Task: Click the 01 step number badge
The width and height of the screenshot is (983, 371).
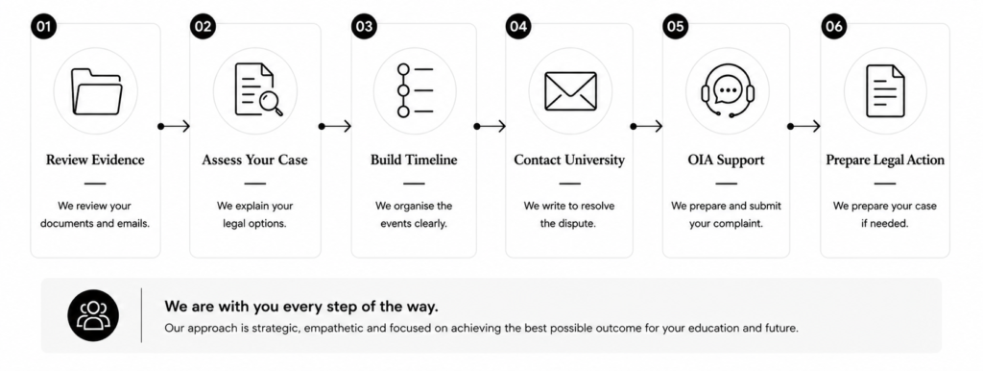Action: coord(43,26)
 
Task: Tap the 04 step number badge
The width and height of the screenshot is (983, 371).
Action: coord(517,26)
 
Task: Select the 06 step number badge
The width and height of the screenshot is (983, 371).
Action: coord(834,26)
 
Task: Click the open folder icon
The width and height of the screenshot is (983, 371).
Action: coord(96,91)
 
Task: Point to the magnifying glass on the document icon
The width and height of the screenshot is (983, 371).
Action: coord(272,104)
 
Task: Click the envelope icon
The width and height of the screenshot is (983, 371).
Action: coord(570,91)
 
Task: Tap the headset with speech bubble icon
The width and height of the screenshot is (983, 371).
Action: coord(728,91)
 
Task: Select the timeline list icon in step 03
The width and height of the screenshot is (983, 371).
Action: coord(415,90)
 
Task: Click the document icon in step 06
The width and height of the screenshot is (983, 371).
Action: coord(885,91)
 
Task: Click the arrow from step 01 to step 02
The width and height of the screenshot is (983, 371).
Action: coord(174,126)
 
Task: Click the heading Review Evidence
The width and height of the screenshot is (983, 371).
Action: coord(95,161)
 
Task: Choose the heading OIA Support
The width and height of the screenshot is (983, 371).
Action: coord(726,161)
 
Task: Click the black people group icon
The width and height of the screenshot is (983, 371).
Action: coord(93,315)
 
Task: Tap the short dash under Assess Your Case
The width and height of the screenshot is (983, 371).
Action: coord(255,184)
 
